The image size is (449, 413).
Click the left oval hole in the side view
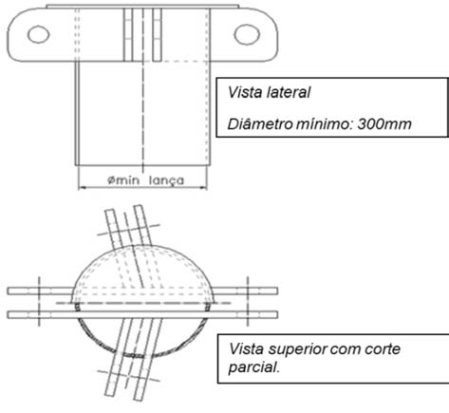click(x=39, y=34)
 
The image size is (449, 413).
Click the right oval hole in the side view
click(x=247, y=34)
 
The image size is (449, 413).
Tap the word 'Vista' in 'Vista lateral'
click(x=245, y=92)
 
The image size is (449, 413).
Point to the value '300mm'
click(x=384, y=124)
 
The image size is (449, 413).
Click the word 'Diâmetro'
click(x=260, y=124)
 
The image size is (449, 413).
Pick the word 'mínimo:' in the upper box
click(x=325, y=124)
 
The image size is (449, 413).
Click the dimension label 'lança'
click(x=166, y=180)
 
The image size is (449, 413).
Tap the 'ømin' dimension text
click(x=123, y=180)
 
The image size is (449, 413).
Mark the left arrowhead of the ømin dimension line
click(x=80, y=188)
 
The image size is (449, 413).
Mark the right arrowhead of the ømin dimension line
click(x=205, y=188)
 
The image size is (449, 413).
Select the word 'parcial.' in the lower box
click(x=254, y=367)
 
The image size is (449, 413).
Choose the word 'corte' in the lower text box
click(x=383, y=349)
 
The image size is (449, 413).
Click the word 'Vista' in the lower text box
click(x=246, y=348)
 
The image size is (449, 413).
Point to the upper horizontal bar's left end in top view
click(x=8, y=291)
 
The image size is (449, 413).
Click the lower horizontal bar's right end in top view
click(x=277, y=315)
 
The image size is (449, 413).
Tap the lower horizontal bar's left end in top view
click(x=8, y=315)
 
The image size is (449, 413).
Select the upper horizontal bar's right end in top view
click(x=277, y=291)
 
